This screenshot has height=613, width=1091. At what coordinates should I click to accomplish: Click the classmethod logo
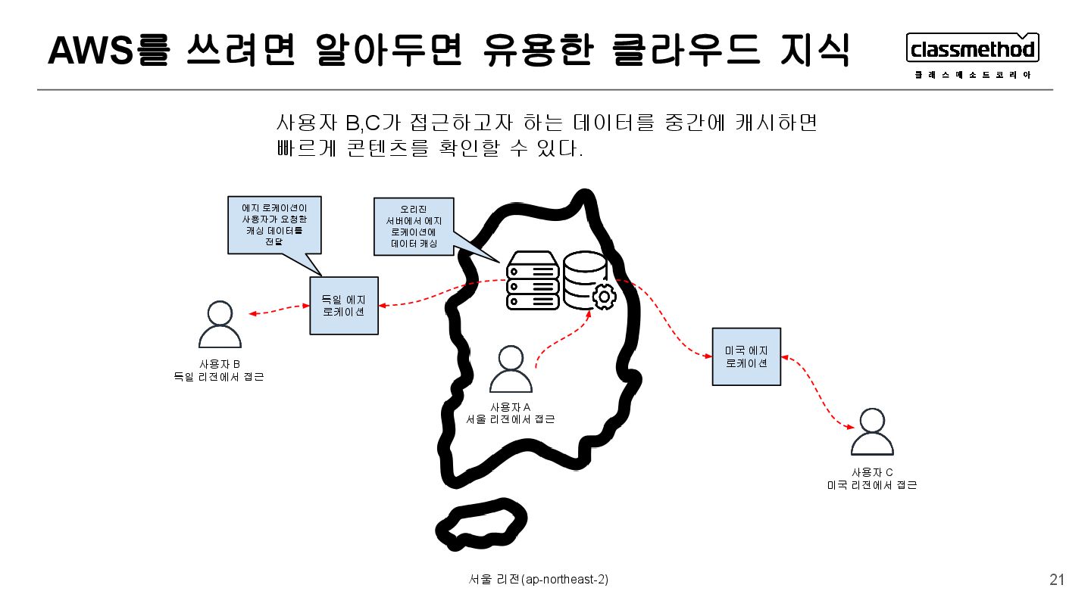pos(973,50)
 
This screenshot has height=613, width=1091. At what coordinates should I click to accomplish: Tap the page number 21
pos(1057,580)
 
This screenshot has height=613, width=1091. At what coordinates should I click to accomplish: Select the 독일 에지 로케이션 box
pos(344,305)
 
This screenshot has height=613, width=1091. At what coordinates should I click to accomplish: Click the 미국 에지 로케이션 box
pos(746,356)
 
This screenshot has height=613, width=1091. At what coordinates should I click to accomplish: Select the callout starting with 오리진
pos(414,226)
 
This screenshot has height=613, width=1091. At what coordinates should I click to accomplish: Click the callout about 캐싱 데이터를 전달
pos(274,224)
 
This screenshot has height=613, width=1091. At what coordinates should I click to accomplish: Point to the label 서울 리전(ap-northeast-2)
pos(539,580)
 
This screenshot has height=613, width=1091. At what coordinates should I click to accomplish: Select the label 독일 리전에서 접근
pos(219,376)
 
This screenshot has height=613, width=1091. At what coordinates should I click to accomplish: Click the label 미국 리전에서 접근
pos(872,485)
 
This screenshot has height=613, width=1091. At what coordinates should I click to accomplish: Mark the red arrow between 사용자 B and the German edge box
pos(279,310)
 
